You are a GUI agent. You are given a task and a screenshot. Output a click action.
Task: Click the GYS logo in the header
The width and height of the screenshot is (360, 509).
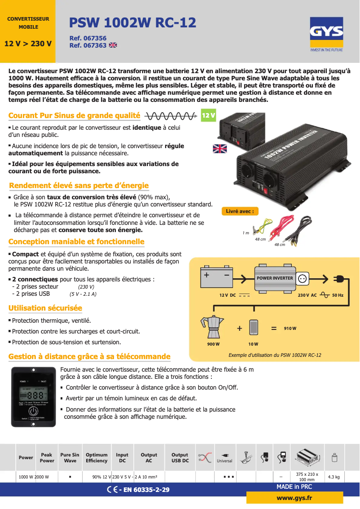[x=327, y=32]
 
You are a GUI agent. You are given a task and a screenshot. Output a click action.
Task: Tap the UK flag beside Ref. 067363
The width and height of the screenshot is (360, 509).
[x=113, y=45]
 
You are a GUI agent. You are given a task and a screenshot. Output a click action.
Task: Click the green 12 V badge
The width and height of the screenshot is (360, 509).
[x=208, y=116]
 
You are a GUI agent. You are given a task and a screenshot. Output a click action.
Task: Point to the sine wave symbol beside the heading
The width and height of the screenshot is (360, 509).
[x=170, y=116]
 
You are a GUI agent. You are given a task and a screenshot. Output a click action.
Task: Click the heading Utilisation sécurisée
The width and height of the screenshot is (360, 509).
[x=45, y=308]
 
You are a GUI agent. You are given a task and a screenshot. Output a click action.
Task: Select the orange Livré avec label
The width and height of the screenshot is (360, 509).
[x=240, y=211]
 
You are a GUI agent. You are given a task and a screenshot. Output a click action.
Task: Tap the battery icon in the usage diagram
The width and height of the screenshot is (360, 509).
[x=217, y=278]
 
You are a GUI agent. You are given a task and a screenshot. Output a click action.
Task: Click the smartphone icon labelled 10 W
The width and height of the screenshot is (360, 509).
[x=254, y=327]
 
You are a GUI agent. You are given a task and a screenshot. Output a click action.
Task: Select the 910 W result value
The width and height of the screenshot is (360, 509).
[x=290, y=329]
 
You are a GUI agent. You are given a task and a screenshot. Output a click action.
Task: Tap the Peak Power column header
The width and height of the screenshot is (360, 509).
[x=47, y=457]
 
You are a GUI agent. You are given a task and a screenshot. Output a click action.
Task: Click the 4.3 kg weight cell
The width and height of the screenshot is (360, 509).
[x=334, y=477]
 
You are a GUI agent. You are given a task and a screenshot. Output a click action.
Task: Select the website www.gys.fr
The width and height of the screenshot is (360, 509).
[x=294, y=498]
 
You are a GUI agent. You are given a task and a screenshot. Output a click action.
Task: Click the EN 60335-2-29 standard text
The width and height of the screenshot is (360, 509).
[x=144, y=490]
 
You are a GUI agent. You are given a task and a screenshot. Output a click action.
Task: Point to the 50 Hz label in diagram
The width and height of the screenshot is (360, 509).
[x=338, y=295]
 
